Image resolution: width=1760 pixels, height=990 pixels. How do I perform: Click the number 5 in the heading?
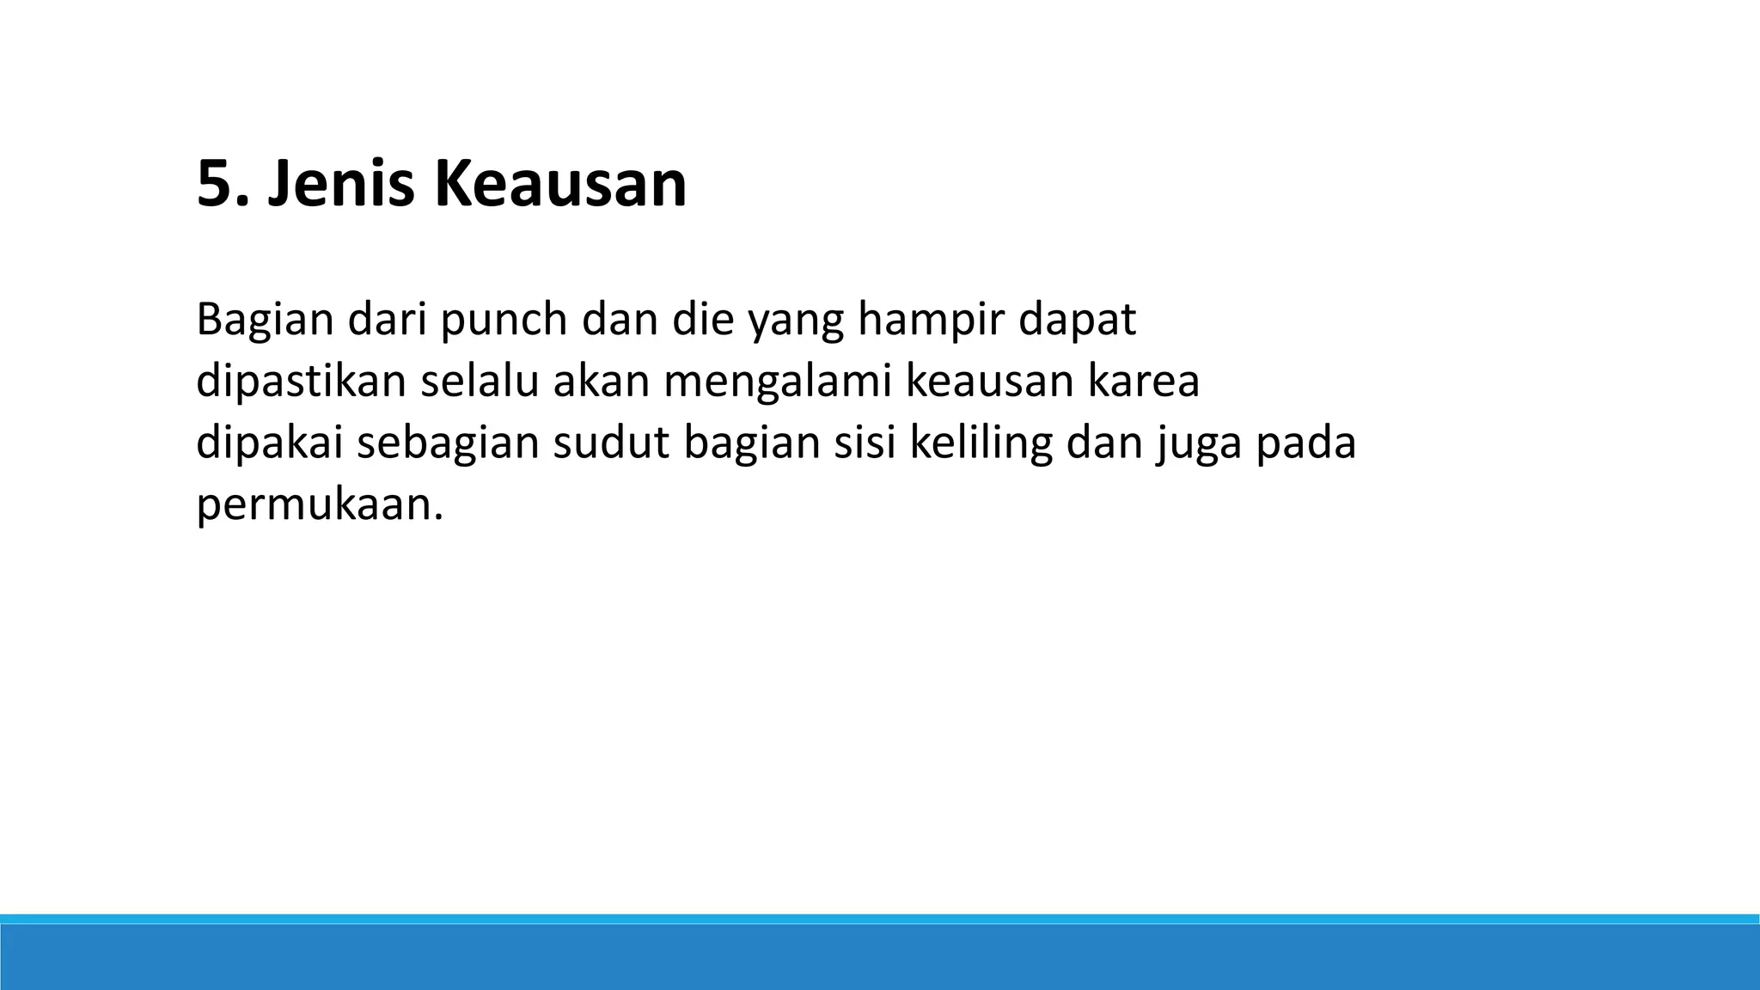[215, 185]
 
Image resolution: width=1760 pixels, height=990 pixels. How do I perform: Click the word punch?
[504, 321]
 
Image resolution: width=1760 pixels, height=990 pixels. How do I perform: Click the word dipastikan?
[301, 382]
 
